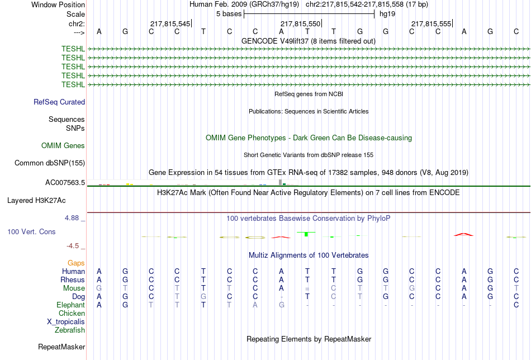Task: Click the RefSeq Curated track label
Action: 59,102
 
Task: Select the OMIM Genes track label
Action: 63,146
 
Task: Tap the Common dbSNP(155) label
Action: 50,163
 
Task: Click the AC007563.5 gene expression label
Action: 65,183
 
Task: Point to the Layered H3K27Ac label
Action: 36,201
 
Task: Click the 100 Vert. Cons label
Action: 31,231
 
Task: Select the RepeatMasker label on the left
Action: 61,347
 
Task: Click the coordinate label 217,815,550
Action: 300,23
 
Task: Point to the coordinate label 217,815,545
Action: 170,23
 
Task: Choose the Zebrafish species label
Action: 70,330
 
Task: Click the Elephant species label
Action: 71,305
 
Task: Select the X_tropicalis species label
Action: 66,322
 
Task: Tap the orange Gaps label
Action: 76,263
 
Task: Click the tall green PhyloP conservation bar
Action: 306,234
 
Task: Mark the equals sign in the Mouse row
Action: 307,289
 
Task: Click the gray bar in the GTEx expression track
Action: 280,182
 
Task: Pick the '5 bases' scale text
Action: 229,14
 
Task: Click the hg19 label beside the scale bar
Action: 387,14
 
